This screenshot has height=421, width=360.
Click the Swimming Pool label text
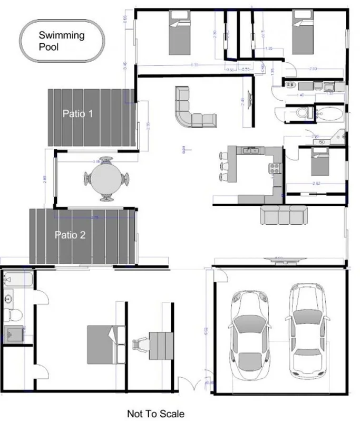tap(61, 41)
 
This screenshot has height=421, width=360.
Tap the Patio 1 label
tap(78, 113)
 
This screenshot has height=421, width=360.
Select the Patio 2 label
tap(70, 235)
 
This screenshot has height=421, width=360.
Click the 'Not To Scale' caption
tap(156, 413)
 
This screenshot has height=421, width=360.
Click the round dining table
tap(106, 179)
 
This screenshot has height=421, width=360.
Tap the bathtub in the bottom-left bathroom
tap(18, 280)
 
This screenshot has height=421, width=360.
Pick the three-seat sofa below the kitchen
tap(283, 214)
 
